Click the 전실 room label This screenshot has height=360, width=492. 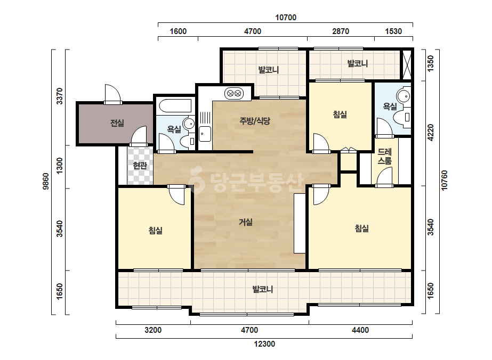tap(117, 123)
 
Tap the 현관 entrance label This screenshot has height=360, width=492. tap(140, 165)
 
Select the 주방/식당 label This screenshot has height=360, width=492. tap(255, 121)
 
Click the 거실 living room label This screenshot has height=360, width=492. tap(246, 222)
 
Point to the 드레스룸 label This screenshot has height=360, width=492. tap(384, 157)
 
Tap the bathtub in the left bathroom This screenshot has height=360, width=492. tap(175, 106)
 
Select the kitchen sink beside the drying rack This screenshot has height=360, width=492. tap(205, 134)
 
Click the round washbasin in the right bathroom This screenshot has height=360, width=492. tap(404, 96)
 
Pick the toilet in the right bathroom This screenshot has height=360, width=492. tap(403, 117)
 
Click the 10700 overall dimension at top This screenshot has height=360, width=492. tap(286, 18)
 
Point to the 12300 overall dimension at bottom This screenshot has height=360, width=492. tap(264, 344)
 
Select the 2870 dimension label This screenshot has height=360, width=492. tap(341, 31)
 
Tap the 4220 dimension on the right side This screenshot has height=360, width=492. tap(431, 133)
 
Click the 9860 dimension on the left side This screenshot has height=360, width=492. tap(46, 181)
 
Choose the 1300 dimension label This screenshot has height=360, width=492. tap(60, 166)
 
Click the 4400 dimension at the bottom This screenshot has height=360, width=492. tap(360, 330)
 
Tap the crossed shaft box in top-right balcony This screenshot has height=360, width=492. tap(406, 65)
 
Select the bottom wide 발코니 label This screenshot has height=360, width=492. tap(263, 289)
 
